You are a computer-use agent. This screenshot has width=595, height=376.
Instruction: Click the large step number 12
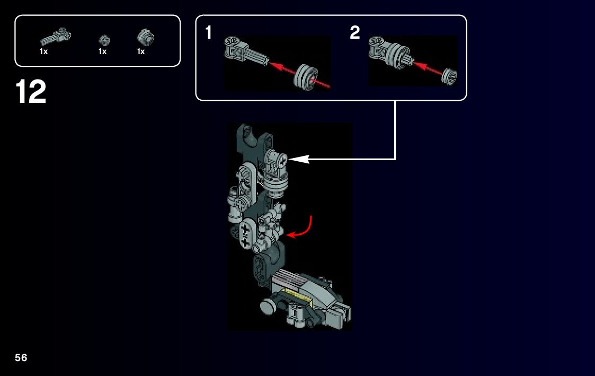click(31, 92)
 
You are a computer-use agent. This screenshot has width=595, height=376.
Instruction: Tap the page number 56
click(21, 357)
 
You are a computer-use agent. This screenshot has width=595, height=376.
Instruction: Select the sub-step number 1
click(208, 32)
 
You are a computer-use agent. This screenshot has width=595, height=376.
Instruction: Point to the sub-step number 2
click(355, 32)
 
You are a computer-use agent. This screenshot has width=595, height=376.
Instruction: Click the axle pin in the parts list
click(56, 37)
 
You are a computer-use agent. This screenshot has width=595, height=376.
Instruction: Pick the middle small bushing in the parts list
click(104, 40)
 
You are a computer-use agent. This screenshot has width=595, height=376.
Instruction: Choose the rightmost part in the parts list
click(146, 37)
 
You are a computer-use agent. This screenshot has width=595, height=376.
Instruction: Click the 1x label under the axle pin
click(43, 51)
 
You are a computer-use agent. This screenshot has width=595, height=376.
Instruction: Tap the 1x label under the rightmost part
click(141, 51)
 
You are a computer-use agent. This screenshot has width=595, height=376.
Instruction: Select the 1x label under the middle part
click(102, 51)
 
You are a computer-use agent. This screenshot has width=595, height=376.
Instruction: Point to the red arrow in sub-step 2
click(428, 67)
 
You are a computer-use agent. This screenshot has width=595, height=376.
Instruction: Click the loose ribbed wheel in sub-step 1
click(306, 76)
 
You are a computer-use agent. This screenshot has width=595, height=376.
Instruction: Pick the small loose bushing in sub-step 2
click(449, 77)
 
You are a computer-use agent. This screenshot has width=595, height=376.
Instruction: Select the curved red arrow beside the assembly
click(303, 230)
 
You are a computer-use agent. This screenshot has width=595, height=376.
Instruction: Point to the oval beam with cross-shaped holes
click(246, 235)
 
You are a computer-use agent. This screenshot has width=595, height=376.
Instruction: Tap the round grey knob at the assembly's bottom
click(268, 305)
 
